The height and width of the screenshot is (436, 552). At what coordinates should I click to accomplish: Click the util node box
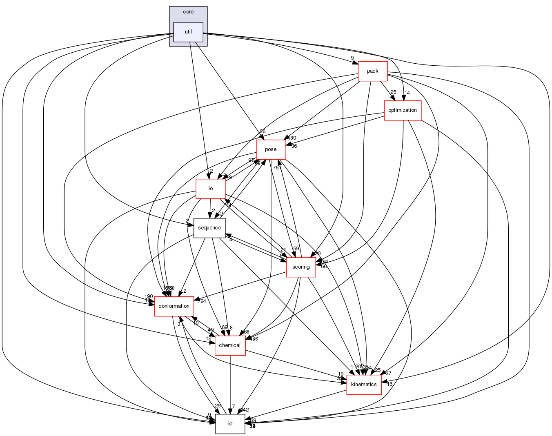point(188,32)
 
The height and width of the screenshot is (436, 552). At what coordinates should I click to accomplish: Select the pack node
point(372,71)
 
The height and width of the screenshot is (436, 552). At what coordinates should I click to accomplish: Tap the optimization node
point(403,110)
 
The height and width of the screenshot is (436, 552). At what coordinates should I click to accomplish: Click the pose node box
point(271,149)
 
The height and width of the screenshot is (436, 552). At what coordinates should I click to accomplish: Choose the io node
point(211,189)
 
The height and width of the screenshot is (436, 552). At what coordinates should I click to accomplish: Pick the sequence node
point(209,228)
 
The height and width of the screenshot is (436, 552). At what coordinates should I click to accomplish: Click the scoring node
point(301,267)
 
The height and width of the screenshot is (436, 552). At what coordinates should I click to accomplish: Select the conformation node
point(174,306)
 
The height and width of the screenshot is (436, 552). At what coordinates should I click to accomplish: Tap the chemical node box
point(230,345)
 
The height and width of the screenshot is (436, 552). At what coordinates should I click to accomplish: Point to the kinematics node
point(364,385)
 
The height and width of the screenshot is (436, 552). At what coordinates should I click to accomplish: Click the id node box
point(230,424)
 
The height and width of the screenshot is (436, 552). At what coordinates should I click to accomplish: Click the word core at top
point(188,12)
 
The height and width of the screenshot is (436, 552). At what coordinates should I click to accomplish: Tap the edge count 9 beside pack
point(352,58)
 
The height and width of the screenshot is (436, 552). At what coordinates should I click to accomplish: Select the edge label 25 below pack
point(393,92)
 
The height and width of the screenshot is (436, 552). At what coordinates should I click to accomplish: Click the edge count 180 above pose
point(292,138)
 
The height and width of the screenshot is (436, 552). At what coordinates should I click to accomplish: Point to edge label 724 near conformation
point(202,301)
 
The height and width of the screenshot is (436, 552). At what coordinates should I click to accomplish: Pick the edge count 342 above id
point(245,410)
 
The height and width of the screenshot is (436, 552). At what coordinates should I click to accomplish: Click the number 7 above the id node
point(233,407)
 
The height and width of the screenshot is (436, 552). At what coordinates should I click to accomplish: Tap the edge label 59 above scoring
point(296,249)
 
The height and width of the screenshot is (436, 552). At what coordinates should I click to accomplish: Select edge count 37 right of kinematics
point(388,374)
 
